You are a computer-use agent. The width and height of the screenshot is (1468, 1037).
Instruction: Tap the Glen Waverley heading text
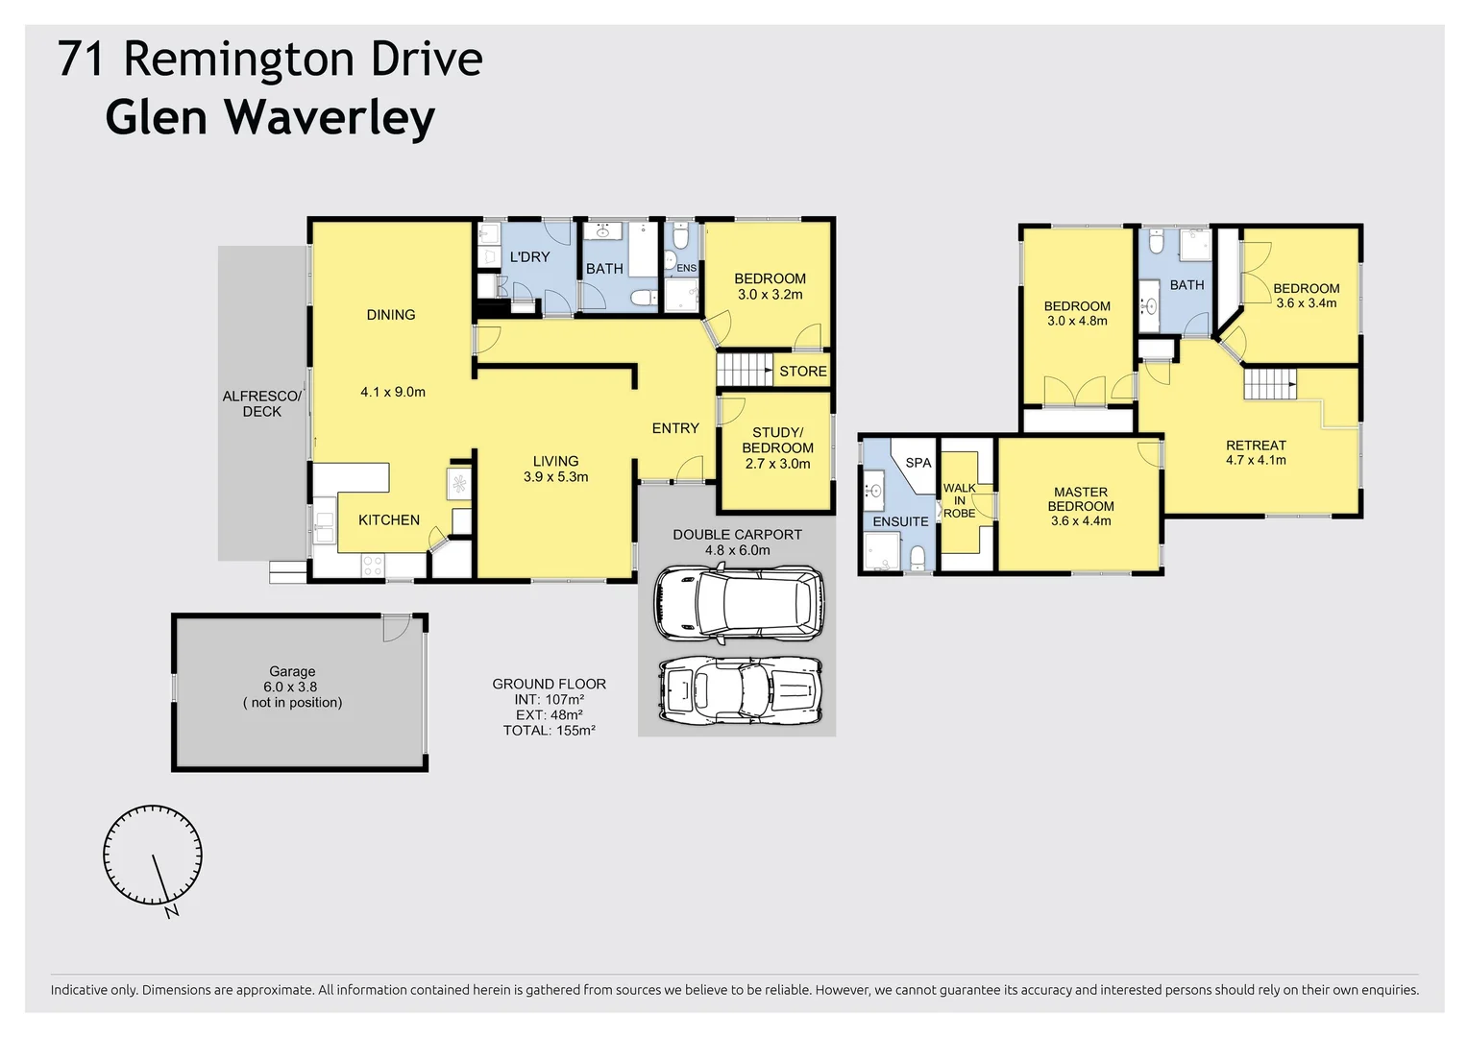point(270,118)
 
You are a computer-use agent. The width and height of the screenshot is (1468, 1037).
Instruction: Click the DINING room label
point(391,315)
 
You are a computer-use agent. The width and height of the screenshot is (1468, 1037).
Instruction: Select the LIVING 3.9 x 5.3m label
point(555,469)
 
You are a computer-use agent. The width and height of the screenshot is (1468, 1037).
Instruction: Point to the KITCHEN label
point(389,520)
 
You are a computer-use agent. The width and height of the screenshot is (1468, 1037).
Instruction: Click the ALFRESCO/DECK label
point(261,403)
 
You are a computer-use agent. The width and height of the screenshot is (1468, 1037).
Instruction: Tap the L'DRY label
point(529,257)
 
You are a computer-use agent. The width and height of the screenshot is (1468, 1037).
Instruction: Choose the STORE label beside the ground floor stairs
point(802,372)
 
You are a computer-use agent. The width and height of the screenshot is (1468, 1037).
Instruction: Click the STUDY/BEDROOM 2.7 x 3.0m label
point(777,447)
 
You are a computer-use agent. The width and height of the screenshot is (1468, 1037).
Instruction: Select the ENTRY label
point(675,428)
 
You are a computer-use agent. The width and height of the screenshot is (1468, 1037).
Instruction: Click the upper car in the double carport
point(738,604)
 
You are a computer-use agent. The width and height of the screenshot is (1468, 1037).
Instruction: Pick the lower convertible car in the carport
point(740,689)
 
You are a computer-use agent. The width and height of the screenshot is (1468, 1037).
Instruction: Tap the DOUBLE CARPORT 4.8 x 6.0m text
point(737,543)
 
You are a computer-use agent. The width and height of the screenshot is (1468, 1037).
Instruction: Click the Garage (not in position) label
point(292,687)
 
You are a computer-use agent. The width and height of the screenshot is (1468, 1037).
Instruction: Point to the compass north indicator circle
point(153,856)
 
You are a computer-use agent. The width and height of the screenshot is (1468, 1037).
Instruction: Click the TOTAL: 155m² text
point(549,731)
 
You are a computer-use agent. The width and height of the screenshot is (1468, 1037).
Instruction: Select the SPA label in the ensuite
point(917,463)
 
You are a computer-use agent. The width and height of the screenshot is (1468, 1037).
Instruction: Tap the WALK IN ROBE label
point(959,500)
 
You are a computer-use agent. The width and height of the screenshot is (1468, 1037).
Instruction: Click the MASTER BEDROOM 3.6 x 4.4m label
point(1081,506)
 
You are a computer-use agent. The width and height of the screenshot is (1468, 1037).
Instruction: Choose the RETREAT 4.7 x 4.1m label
point(1256,452)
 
